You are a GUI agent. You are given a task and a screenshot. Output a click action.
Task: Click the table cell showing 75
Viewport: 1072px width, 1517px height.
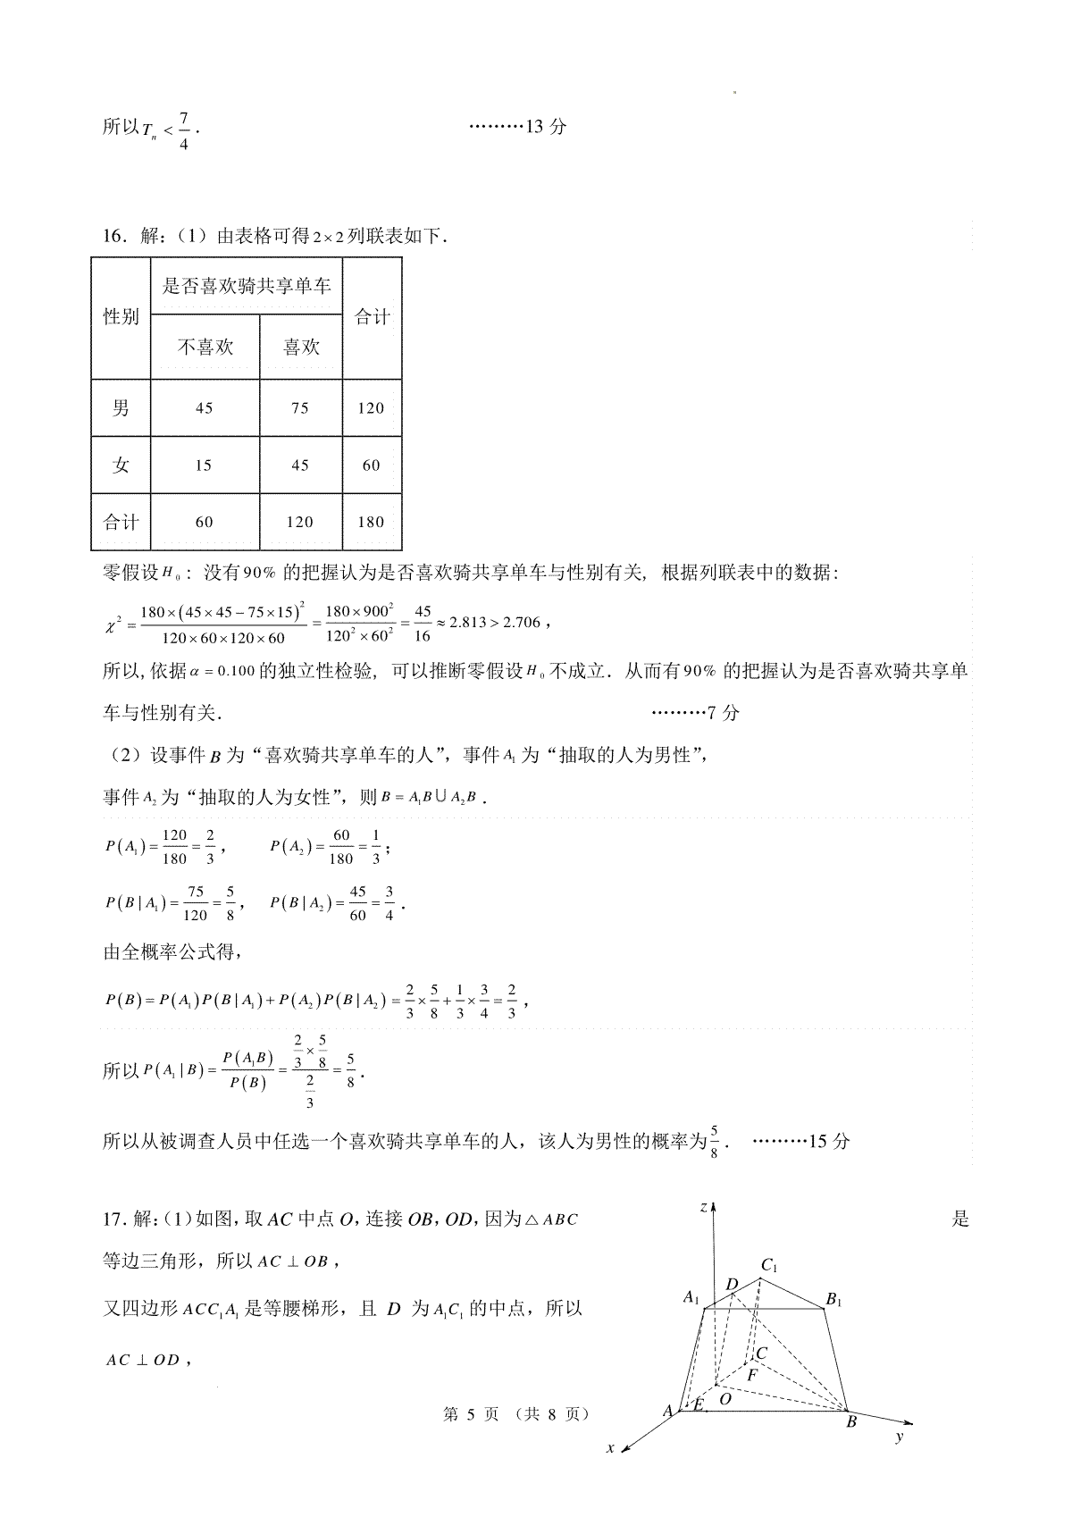300,408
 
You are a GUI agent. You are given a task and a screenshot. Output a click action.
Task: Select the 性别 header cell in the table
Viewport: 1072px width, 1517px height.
121,317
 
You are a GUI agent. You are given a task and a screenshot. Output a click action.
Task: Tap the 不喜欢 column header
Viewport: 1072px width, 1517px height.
205,348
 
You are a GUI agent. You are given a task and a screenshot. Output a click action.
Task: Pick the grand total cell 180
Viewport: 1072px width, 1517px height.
371,523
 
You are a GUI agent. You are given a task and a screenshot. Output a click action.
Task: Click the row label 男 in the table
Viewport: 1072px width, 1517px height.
121,408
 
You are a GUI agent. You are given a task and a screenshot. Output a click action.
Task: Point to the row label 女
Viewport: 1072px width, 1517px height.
121,465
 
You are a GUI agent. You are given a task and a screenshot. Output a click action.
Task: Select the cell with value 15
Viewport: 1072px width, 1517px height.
204,465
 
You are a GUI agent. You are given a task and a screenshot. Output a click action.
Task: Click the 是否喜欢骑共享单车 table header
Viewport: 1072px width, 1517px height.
247,286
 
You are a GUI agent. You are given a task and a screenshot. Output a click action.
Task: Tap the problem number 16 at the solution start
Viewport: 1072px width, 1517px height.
113,237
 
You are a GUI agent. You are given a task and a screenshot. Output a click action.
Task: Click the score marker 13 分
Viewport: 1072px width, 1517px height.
546,127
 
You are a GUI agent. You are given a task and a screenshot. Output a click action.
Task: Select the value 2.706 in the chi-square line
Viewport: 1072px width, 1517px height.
522,623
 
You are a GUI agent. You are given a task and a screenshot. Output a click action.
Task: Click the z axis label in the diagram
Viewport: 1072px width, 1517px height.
704,1208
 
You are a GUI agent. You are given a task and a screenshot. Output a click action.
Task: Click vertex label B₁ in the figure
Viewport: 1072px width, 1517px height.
833,1300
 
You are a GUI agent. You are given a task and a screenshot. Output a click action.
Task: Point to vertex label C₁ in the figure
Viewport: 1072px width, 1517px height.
769,1266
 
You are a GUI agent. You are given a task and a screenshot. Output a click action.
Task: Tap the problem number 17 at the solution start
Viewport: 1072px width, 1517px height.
113,1219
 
